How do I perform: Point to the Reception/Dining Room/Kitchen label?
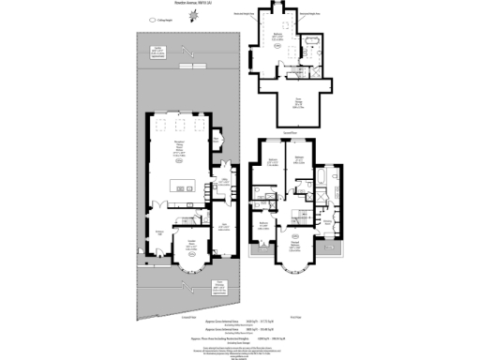(177, 144)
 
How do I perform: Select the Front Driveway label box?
(217, 288)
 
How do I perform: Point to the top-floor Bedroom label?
(277, 37)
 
